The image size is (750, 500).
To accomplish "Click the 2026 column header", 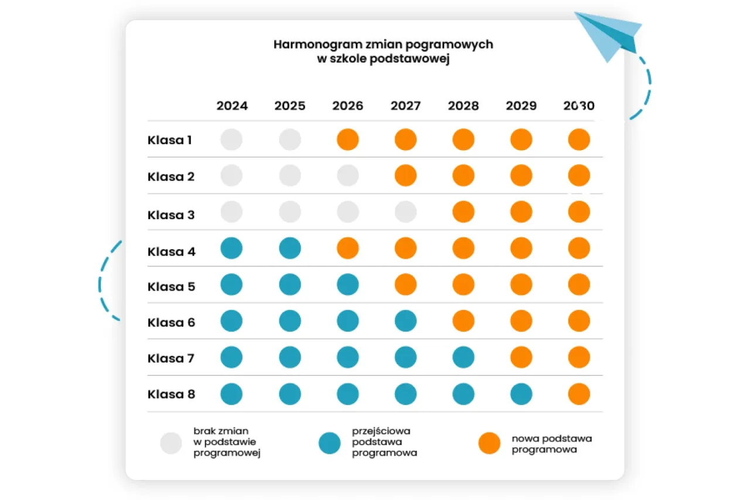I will click(347, 106).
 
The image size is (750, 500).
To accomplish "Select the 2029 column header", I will click(521, 106).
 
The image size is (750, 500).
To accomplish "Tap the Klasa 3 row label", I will click(171, 215).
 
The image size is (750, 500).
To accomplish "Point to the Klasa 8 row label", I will click(171, 394).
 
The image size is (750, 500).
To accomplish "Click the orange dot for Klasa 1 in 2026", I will click(347, 140).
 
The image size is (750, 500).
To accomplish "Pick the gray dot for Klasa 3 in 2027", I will click(405, 212).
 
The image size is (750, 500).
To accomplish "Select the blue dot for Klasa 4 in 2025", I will click(290, 248).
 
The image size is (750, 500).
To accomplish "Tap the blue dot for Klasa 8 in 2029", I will click(521, 394).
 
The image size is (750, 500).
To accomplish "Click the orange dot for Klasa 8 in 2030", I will click(579, 394).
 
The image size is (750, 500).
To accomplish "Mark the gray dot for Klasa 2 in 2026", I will click(347, 175).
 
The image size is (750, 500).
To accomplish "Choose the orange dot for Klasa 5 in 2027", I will click(405, 285).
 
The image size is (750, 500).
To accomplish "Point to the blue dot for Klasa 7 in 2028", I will click(463, 358).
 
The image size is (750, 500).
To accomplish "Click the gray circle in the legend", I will click(171, 444).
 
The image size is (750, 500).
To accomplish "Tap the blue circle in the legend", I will click(329, 444).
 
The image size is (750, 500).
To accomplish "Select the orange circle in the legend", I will click(489, 444).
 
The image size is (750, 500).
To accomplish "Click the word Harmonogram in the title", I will click(309, 45).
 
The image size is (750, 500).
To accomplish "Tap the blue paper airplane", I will click(609, 35).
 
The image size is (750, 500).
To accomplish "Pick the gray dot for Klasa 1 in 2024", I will click(231, 140).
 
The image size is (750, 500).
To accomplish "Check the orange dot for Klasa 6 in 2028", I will click(463, 321).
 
